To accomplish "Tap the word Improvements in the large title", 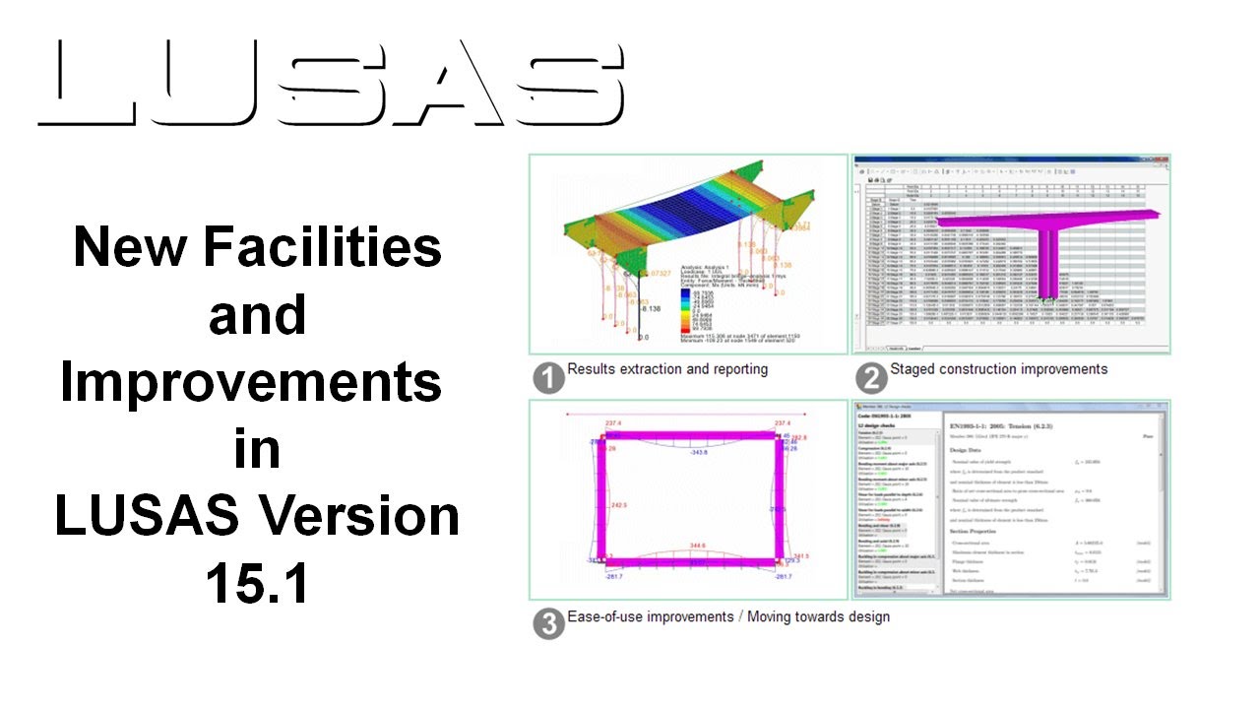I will tap(251, 381).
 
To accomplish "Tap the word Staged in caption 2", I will tap(914, 369).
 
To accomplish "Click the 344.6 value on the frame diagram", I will tap(696, 544).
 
